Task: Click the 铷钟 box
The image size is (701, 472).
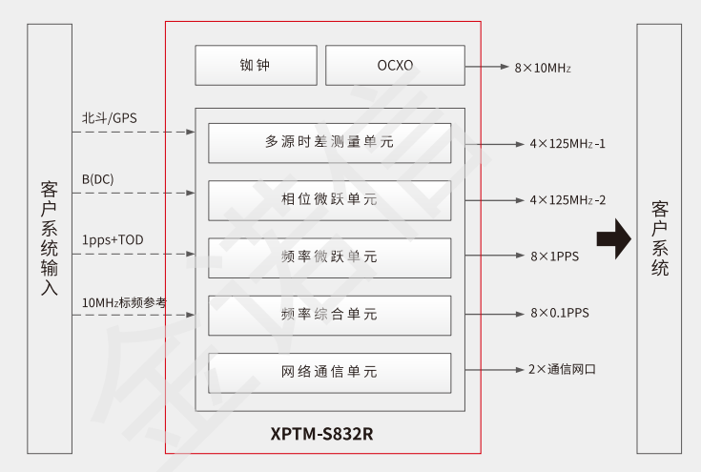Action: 255,65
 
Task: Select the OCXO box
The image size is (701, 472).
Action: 395,65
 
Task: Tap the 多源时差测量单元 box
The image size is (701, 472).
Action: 329,143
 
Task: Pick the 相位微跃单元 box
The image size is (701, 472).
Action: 329,200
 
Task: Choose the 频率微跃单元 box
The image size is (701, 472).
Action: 329,257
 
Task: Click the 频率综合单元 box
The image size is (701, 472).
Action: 329,315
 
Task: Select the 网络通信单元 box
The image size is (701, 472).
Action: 329,372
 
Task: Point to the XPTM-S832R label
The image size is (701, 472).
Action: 322,434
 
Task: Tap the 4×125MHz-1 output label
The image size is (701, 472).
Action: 568,144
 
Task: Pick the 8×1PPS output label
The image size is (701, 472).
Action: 555,257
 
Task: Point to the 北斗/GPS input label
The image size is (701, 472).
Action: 111,118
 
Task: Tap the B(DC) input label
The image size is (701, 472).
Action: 97,178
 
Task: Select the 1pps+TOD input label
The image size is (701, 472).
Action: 113,239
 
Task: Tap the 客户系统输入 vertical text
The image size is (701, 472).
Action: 50,238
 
